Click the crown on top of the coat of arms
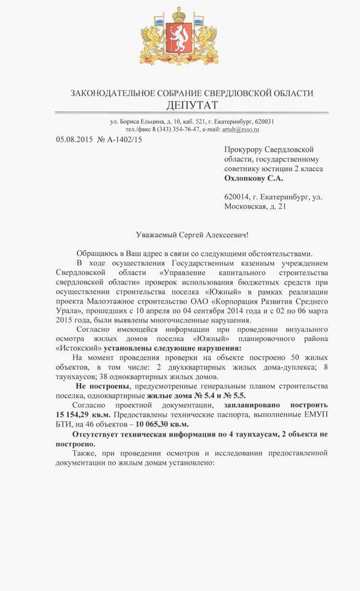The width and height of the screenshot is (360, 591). [x=180, y=13]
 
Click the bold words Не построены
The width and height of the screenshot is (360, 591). [x=101, y=386]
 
